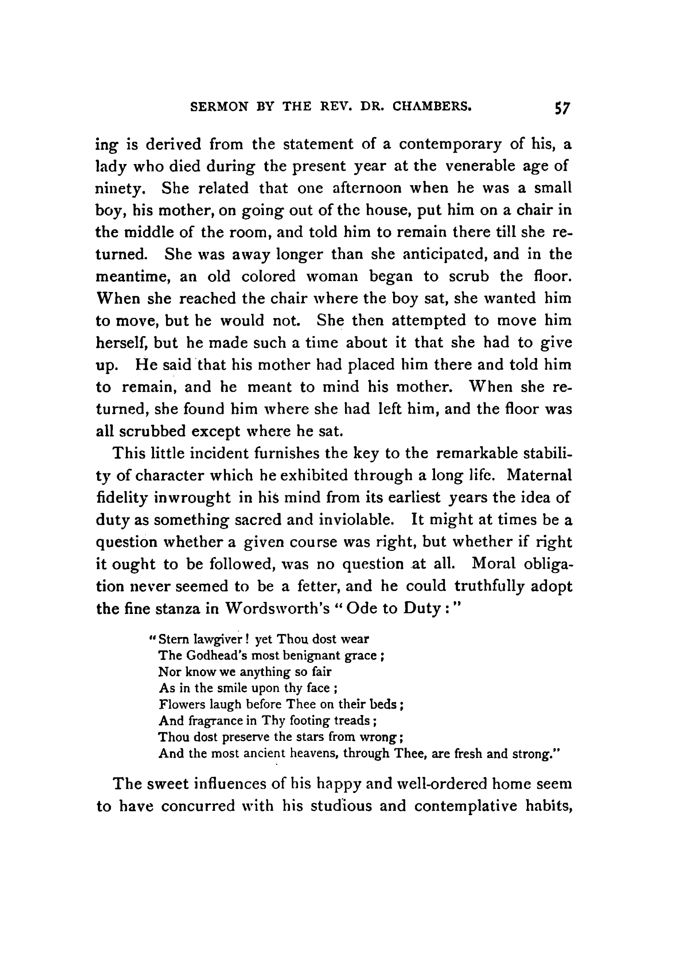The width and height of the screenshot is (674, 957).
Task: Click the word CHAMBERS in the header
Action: coord(432,107)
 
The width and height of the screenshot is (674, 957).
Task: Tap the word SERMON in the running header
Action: coord(219,107)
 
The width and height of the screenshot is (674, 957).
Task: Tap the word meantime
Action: coord(133,276)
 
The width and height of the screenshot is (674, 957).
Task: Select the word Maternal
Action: coord(539,475)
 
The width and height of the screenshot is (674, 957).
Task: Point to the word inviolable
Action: coord(356,520)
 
